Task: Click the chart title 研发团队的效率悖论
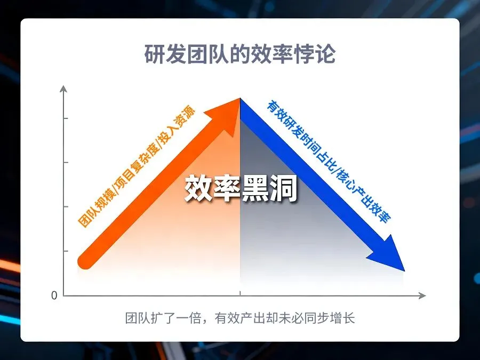[x=240, y=54]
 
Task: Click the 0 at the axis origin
[x=54, y=295]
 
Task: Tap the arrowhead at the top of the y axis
[x=63, y=89]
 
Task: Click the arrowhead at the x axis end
[x=422, y=295]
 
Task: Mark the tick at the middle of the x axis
[x=240, y=293]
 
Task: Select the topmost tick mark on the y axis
[x=66, y=118]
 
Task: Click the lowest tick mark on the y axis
[x=66, y=251]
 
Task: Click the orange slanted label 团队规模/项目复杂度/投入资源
[x=137, y=167]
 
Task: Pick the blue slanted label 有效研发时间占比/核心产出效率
[x=329, y=161]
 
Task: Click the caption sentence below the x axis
[x=240, y=318]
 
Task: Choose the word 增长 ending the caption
[x=343, y=318]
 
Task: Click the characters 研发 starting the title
[x=165, y=54]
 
